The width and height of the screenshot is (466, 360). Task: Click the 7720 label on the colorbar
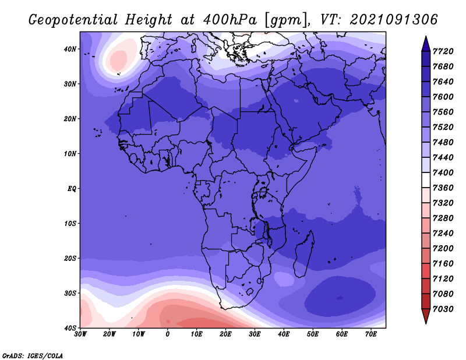pyautogui.click(x=443, y=51)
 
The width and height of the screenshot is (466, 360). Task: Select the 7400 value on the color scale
pyautogui.click(x=443, y=172)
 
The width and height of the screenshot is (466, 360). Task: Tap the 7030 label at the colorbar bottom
pyautogui.click(x=443, y=309)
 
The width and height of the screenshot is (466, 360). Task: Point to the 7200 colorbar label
pyautogui.click(x=443, y=248)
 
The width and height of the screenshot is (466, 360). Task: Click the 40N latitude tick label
pyautogui.click(x=70, y=49)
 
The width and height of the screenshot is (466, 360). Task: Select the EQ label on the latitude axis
pyautogui.click(x=72, y=189)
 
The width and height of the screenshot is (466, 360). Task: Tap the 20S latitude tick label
pyautogui.click(x=70, y=258)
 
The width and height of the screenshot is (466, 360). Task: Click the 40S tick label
pyautogui.click(x=70, y=328)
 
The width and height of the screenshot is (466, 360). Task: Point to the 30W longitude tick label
pyautogui.click(x=80, y=334)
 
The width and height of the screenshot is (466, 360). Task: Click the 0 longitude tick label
pyautogui.click(x=168, y=334)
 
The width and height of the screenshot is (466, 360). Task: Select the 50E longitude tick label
pyautogui.click(x=313, y=334)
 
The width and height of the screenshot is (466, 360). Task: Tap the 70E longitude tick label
pyautogui.click(x=371, y=334)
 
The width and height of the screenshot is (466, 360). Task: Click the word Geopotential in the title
pyautogui.click(x=73, y=20)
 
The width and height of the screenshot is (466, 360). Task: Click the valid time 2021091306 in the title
pyautogui.click(x=394, y=20)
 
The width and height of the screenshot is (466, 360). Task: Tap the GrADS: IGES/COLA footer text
pyautogui.click(x=33, y=355)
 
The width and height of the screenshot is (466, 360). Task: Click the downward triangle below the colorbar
pyautogui.click(x=426, y=316)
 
